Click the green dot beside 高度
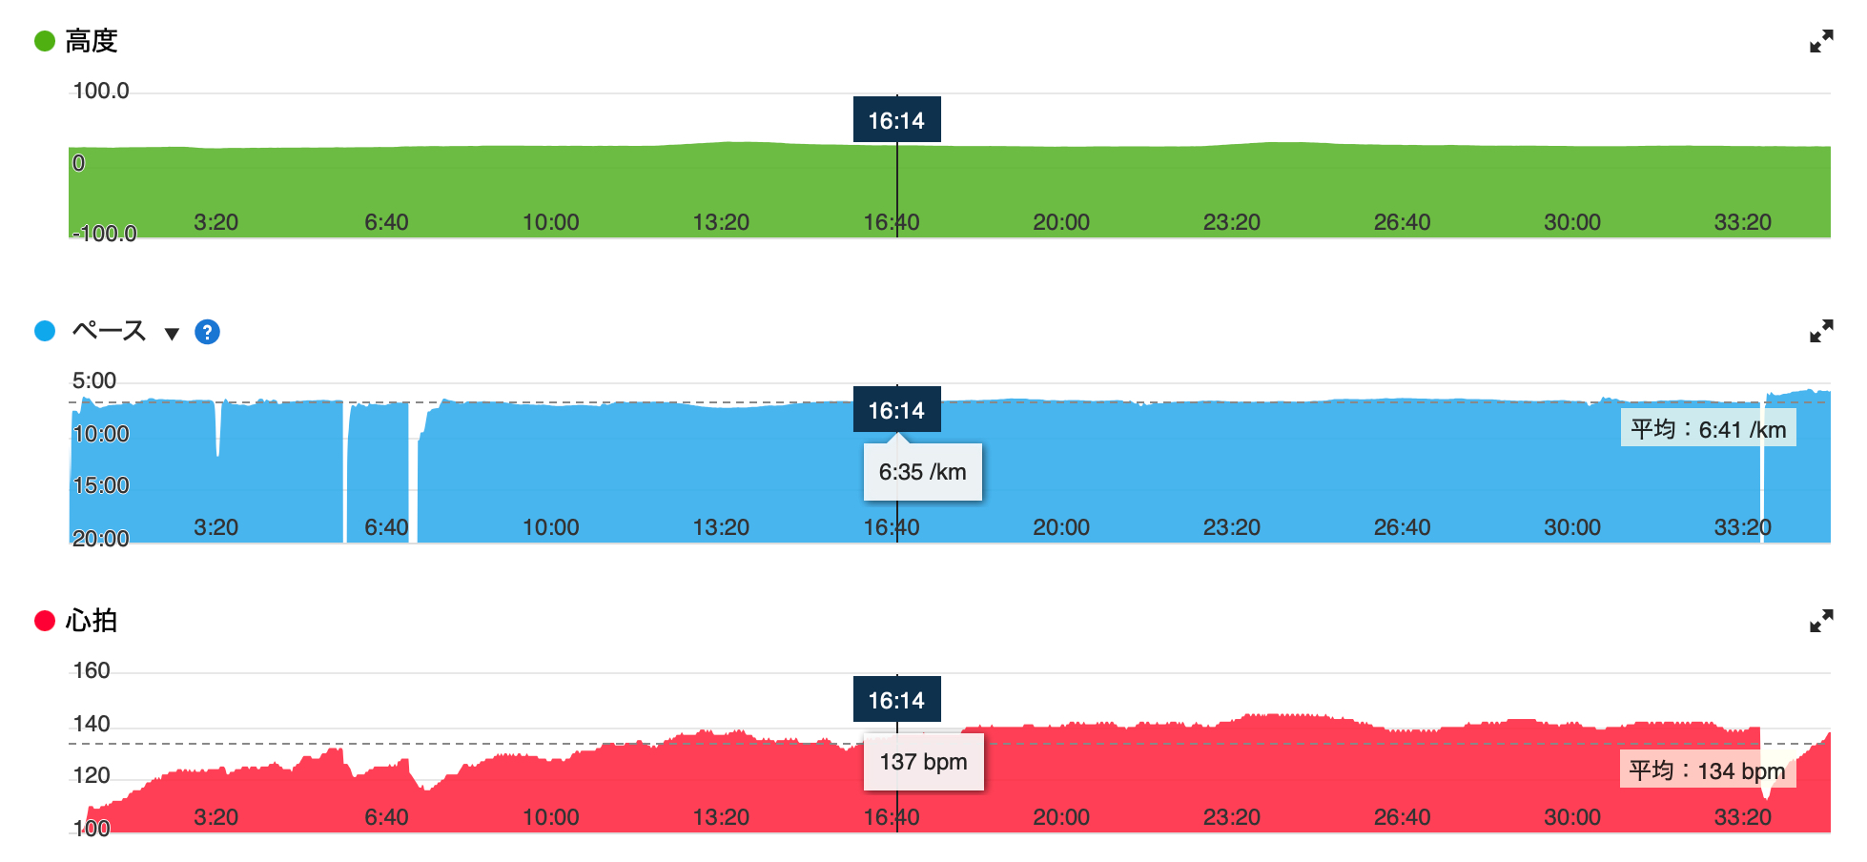click(x=45, y=41)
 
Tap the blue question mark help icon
click(x=207, y=332)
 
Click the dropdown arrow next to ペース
click(x=172, y=334)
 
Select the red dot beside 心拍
click(x=45, y=621)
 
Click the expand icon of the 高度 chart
click(x=1821, y=41)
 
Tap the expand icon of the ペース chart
click(x=1821, y=331)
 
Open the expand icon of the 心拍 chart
click(x=1821, y=621)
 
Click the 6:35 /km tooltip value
click(x=922, y=472)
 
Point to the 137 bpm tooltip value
click(x=923, y=762)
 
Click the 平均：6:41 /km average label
click(x=1708, y=429)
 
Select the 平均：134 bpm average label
click(x=1707, y=770)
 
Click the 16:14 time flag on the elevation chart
click(x=896, y=120)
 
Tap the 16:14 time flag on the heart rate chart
click(x=896, y=700)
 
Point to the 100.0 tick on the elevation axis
click(x=101, y=91)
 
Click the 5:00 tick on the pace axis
click(x=94, y=380)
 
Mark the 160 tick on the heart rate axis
click(x=92, y=670)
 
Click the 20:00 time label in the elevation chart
click(x=1061, y=222)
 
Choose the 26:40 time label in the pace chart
click(x=1402, y=527)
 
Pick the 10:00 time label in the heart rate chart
click(x=551, y=817)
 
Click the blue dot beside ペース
click(x=45, y=331)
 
